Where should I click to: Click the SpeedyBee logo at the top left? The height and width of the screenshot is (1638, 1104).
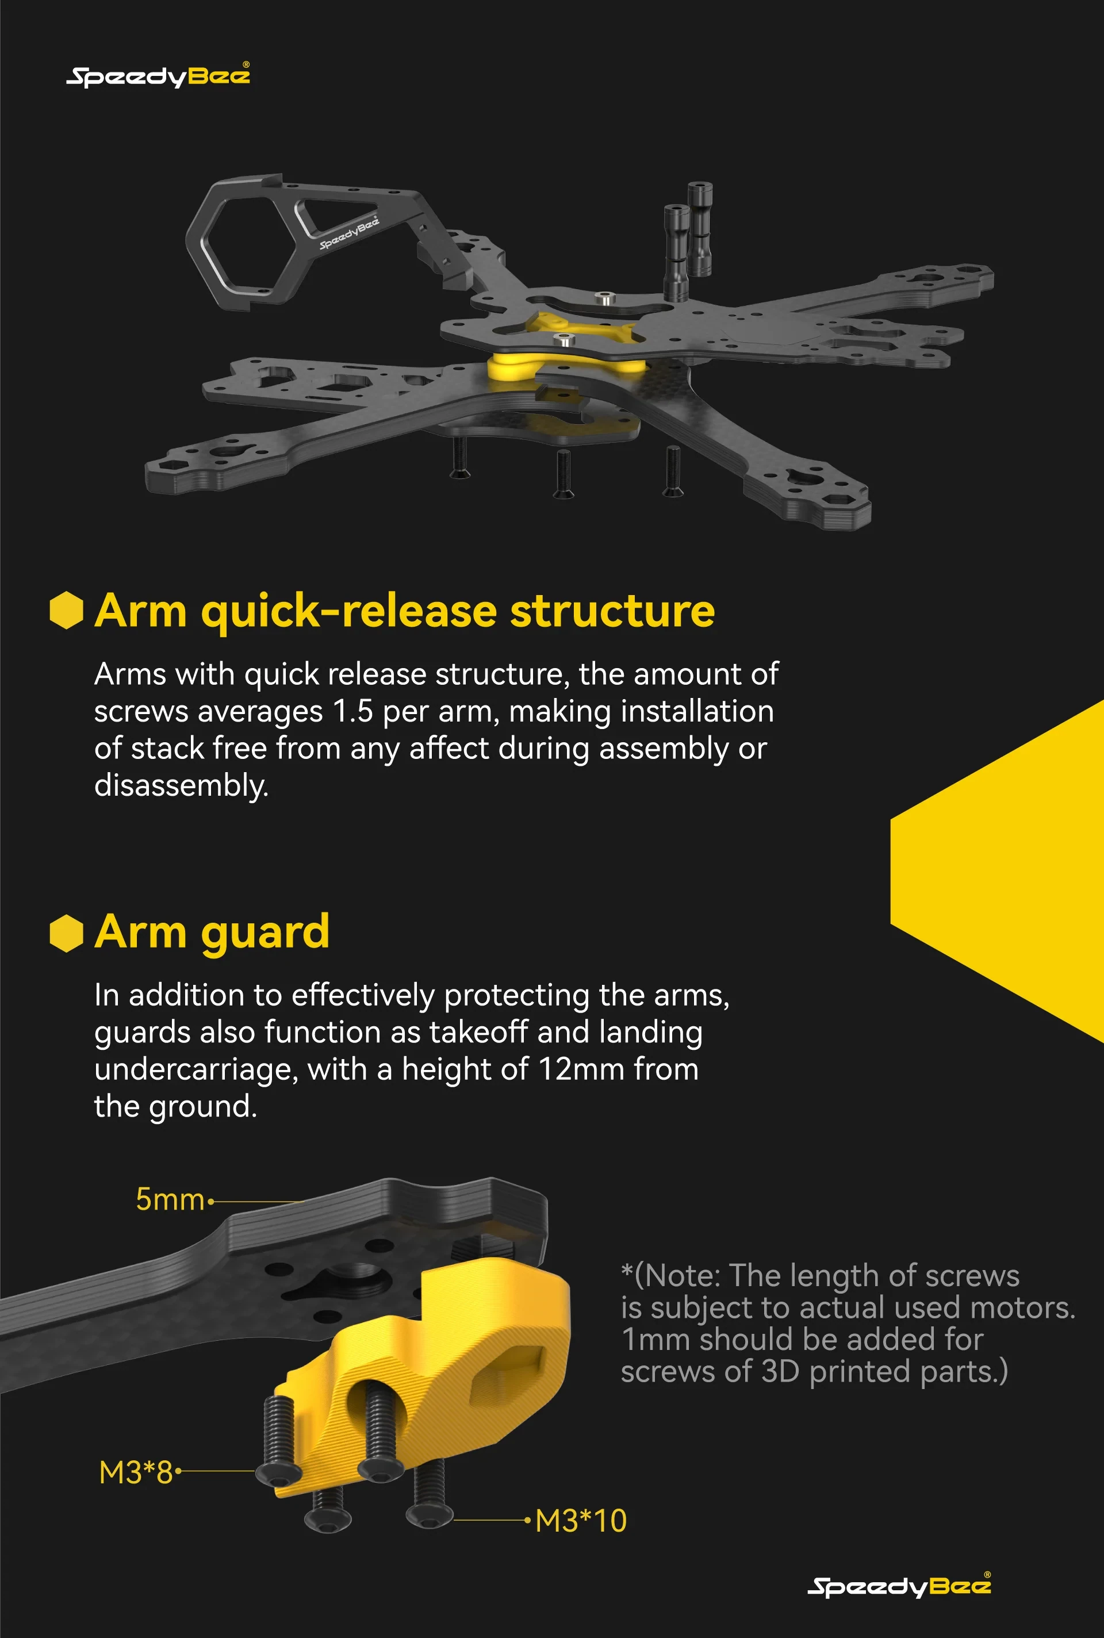(158, 75)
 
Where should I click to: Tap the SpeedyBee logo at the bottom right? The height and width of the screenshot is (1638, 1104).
(899, 1585)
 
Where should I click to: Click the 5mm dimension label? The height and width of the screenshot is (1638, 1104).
(170, 1199)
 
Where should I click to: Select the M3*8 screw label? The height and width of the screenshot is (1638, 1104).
(136, 1472)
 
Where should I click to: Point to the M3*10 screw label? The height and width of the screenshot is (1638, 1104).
(581, 1521)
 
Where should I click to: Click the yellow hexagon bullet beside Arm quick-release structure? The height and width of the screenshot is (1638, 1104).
(67, 609)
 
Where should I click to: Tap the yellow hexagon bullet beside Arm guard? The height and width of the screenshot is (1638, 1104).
(67, 933)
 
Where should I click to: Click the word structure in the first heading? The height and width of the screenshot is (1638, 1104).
(612, 610)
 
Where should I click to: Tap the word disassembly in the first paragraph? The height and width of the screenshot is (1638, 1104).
(181, 785)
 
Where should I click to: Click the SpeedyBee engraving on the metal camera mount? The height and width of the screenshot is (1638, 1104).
(349, 232)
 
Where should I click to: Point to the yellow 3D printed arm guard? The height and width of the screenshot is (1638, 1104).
(423, 1372)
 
